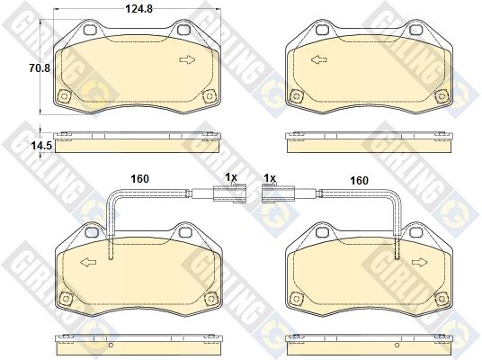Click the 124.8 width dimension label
coord(139,9)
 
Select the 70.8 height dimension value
coord(40,67)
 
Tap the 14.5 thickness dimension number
coord(41,146)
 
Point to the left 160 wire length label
coord(140,179)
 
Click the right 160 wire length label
coord(360,180)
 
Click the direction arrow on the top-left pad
coord(187,59)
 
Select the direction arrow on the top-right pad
coord(318,59)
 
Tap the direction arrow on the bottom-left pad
coord(88,263)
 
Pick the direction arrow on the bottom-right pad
coord(420,263)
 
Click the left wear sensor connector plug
coord(229,193)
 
